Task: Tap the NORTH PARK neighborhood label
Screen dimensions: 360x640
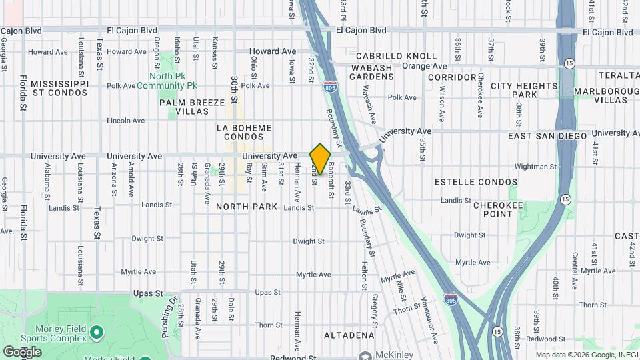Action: coord(247,207)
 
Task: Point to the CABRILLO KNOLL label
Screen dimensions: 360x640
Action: coord(396,57)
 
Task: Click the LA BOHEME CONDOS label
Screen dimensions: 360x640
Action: coord(245,132)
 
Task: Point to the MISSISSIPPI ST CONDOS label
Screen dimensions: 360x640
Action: coord(59,88)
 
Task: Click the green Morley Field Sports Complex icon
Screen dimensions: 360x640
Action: coord(97,331)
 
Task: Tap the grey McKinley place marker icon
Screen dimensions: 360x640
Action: coord(365,355)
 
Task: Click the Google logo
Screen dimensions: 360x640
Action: coord(22,352)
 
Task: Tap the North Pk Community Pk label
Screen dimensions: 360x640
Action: coord(167,81)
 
